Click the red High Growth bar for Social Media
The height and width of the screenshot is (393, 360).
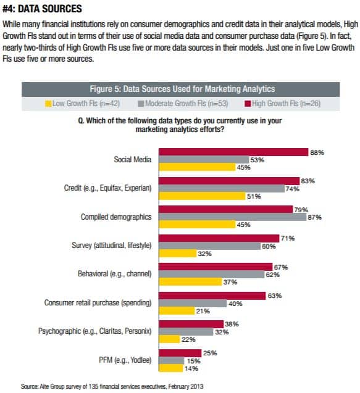point(233,152)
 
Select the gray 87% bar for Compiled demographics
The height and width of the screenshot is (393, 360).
point(233,217)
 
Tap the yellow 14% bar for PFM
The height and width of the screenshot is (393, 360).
point(171,368)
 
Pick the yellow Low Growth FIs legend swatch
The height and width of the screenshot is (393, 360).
point(48,104)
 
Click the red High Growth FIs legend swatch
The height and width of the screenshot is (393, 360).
point(248,104)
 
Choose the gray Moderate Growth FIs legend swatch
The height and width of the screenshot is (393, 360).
point(141,104)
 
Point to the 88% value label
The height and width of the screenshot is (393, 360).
point(317,152)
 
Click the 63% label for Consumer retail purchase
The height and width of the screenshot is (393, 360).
point(274,296)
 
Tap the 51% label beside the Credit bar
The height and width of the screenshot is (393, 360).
point(254,196)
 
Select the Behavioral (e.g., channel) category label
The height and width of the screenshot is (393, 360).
point(115,274)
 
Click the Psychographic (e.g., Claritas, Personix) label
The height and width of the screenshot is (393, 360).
point(95,331)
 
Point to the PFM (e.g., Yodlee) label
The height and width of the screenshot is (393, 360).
point(125,360)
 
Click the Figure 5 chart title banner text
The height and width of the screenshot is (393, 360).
point(182,89)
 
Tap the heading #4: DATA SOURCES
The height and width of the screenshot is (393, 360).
point(42,9)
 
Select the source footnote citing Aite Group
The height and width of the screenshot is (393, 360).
point(112,386)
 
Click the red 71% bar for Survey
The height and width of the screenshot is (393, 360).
point(219,238)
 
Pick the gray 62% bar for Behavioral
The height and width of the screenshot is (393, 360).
point(211,275)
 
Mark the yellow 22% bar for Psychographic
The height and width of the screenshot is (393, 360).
point(169,339)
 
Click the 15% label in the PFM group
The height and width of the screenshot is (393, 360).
point(194,361)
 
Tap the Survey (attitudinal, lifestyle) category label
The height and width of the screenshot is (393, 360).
point(112,246)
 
